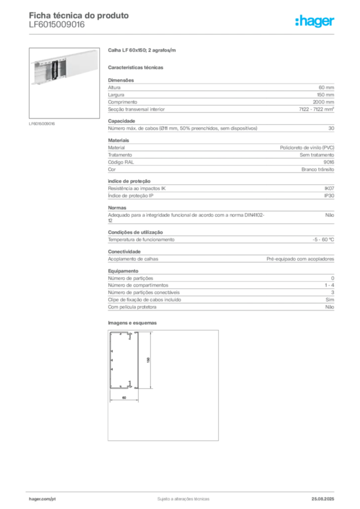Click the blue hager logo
[315, 21]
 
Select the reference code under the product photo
[42, 123]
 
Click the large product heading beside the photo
[143, 51]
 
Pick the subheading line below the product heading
[137, 67]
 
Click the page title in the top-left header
[80, 15]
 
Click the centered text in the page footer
[181, 497]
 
